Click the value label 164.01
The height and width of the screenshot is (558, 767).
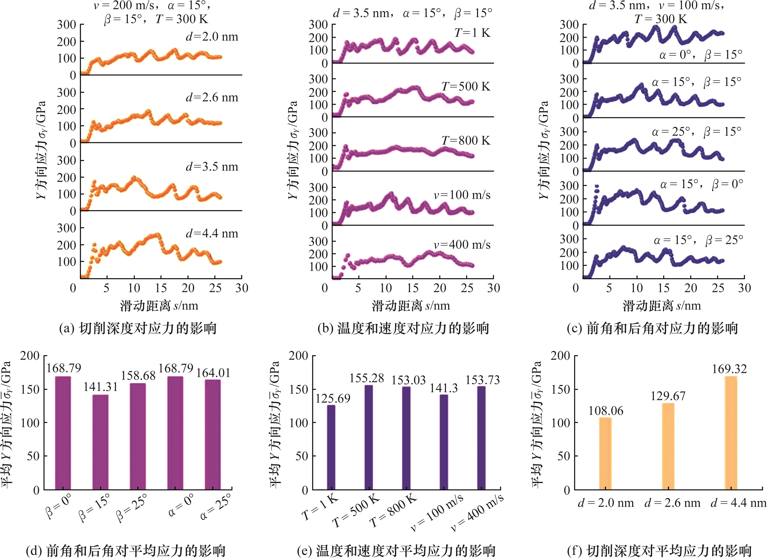pyautogui.click(x=213, y=373)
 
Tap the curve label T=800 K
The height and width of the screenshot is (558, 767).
pyautogui.click(x=466, y=140)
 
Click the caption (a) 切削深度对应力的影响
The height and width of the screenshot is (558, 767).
pyautogui.click(x=138, y=328)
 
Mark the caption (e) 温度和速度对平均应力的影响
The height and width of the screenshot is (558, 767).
pyautogui.click(x=396, y=550)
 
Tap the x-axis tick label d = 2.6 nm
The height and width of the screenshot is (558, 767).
pyautogui.click(x=672, y=503)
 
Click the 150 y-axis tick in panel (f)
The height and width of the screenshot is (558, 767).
pyautogui.click(x=560, y=389)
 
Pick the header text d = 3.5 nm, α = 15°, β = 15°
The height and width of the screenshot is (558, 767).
pyautogui.click(x=413, y=13)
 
